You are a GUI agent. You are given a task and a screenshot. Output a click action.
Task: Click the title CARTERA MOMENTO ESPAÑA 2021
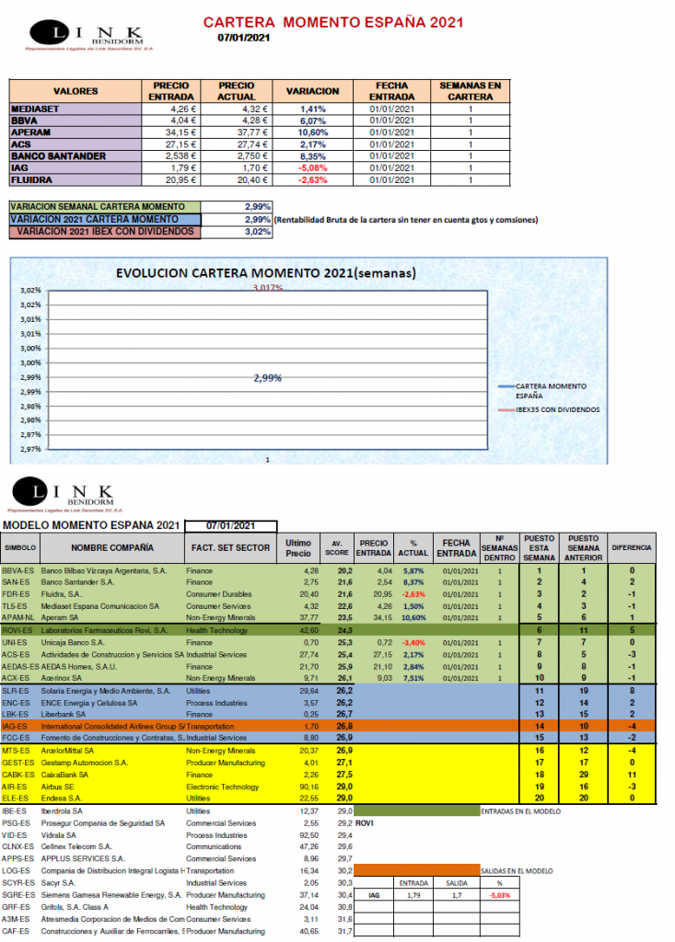coord(332,21)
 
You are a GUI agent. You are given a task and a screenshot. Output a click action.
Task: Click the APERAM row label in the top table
coord(28,132)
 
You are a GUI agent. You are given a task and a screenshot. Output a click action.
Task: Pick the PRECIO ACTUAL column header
coord(236,91)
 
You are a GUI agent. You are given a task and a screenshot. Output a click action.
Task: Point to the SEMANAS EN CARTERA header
coord(471,91)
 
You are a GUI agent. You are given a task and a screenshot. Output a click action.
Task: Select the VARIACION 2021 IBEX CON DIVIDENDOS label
coord(106,232)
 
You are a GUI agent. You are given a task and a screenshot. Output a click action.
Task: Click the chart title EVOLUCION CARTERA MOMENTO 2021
coord(265,273)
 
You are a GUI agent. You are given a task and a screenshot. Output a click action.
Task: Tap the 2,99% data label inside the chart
coord(268,377)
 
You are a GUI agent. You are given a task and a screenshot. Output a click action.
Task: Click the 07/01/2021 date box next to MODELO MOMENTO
coord(230,525)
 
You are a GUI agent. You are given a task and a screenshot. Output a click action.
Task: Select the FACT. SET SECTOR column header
coord(229,547)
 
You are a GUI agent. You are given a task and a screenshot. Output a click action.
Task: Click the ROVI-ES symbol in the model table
coord(17,630)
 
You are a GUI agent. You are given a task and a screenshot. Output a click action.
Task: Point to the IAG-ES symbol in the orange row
coord(16,726)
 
